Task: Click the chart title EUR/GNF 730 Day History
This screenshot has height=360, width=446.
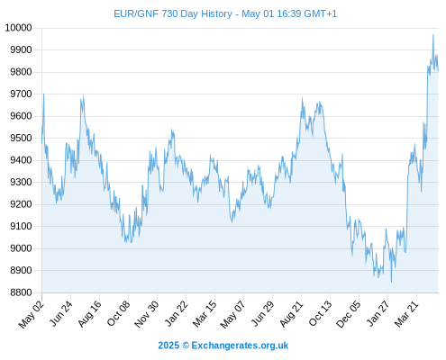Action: point(173,13)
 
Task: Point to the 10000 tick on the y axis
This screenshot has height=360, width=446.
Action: point(18,28)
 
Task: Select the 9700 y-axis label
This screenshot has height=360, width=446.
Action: point(21,94)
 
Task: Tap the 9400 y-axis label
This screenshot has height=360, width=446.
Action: point(21,160)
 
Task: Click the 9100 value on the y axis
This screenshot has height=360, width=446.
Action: point(21,226)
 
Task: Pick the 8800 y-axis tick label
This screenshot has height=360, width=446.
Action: point(21,292)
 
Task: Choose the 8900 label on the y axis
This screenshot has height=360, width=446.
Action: point(21,271)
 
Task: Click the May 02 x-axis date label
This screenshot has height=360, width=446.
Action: point(32,314)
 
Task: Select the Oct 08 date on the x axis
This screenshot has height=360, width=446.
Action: point(118,313)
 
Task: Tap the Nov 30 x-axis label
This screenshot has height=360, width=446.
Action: point(146,314)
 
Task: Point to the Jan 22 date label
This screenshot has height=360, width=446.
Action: point(176,313)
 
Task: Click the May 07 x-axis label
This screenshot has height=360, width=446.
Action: point(232,314)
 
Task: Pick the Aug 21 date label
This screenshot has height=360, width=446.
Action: point(291,313)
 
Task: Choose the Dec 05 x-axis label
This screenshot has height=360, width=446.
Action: point(349,314)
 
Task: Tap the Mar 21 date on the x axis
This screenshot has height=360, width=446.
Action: point(406,314)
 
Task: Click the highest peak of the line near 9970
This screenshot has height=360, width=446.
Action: point(433,35)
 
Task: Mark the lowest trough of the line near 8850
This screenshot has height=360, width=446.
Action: point(391,282)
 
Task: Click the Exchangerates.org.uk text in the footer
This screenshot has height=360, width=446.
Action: point(240,346)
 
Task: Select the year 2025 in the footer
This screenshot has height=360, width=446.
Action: point(168,346)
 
